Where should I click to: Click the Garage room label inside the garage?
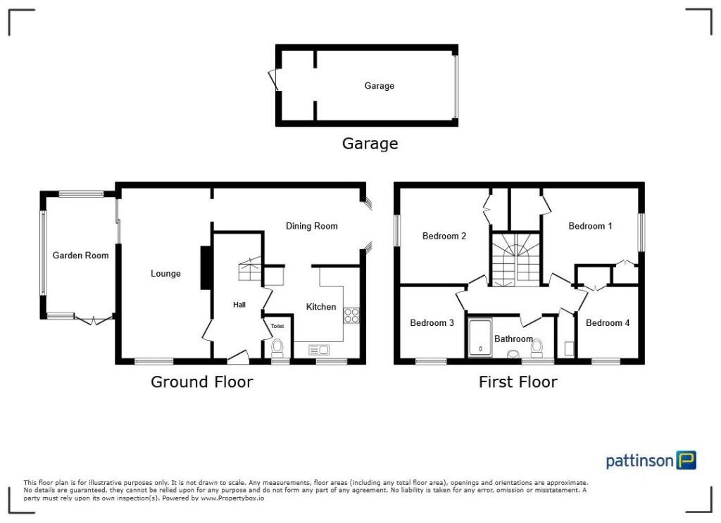pyautogui.click(x=379, y=86)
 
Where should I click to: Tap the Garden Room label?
pyautogui.click(x=80, y=256)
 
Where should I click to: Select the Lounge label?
pyautogui.click(x=165, y=274)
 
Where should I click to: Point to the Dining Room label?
pyautogui.click(x=311, y=226)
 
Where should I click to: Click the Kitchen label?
pyautogui.click(x=320, y=307)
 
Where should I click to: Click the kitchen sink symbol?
pyautogui.click(x=319, y=349)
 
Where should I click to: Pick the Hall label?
pyautogui.click(x=239, y=305)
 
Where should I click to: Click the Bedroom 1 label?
pyautogui.click(x=590, y=226)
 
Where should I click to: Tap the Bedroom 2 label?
pyautogui.click(x=444, y=237)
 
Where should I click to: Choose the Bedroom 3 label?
pyautogui.click(x=432, y=323)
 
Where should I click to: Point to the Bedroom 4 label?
pyautogui.click(x=608, y=323)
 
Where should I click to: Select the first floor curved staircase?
pyautogui.click(x=515, y=260)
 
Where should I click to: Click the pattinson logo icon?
pyautogui.click(x=686, y=460)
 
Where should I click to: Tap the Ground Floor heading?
pyautogui.click(x=201, y=382)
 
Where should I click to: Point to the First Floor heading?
pyautogui.click(x=518, y=382)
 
